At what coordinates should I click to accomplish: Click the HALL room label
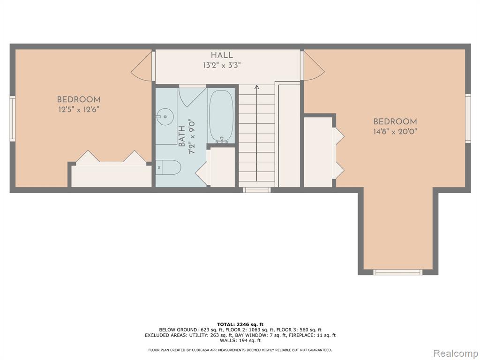[222, 55]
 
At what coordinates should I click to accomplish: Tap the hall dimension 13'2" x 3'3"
[222, 65]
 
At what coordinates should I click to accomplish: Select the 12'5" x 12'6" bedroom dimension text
[79, 110]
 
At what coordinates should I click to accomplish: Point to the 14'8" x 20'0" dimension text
[395, 132]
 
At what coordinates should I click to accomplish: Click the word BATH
[181, 136]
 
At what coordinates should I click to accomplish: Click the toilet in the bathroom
[168, 167]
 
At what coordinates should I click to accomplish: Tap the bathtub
[221, 116]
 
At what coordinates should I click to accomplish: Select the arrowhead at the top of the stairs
[256, 87]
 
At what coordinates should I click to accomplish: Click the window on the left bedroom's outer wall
[12, 119]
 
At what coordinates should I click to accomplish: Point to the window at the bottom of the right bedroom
[397, 272]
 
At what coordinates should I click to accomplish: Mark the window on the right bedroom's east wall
[468, 118]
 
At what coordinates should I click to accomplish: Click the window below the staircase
[256, 190]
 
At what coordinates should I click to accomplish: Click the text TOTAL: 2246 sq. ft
[240, 324]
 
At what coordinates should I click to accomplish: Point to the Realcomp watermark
[455, 353]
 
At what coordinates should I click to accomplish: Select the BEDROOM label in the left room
[79, 99]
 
